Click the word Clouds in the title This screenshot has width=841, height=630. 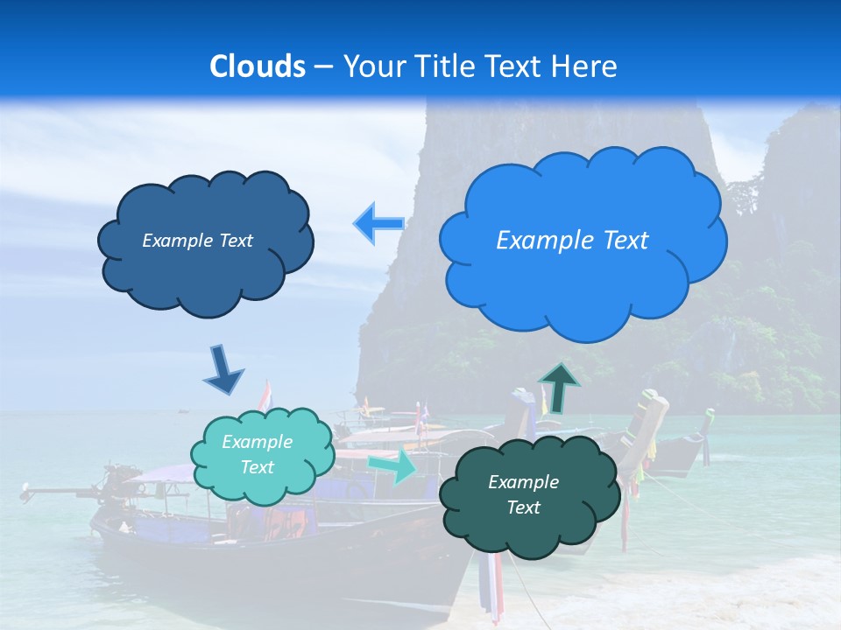[258, 66]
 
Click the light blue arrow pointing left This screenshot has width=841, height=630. [378, 224]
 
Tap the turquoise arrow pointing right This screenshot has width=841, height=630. [392, 467]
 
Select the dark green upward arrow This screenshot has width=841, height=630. [559, 388]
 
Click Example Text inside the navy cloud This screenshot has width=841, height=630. [197, 241]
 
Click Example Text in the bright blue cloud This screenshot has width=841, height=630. [572, 241]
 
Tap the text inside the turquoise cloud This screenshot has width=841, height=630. [257, 455]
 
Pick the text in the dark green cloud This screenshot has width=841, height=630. [523, 494]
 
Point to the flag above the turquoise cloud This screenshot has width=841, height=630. [265, 395]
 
